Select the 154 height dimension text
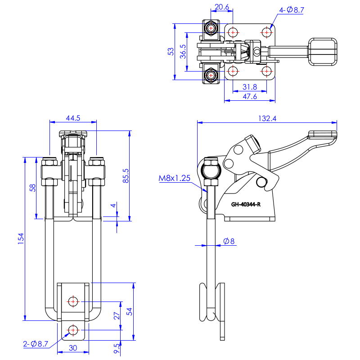click(21, 239)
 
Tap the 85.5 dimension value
click(126, 175)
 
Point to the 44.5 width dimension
click(72, 118)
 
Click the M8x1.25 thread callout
click(175, 178)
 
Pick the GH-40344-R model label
click(246, 204)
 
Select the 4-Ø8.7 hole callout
click(292, 9)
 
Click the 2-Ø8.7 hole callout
click(36, 344)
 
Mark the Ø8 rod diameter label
click(229, 242)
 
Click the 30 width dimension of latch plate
click(73, 348)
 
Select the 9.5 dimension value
click(117, 348)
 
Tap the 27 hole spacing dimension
click(117, 316)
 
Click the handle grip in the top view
click(322, 52)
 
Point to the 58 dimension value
click(33, 188)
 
